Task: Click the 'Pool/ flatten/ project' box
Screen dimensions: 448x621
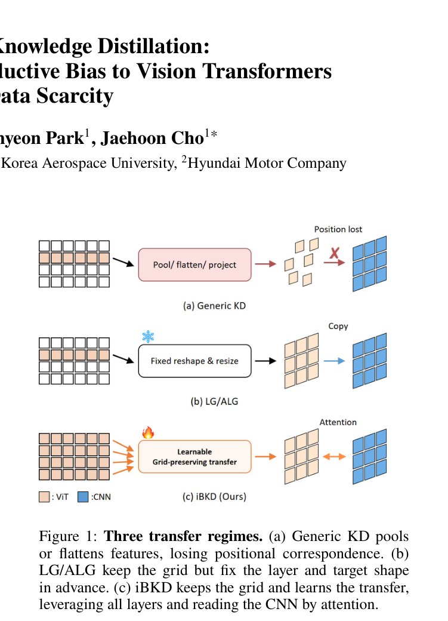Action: [194, 265]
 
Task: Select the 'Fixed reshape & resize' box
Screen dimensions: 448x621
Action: [194, 361]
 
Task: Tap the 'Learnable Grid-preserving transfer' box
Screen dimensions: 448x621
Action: [194, 457]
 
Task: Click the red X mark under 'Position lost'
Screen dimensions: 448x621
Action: [335, 253]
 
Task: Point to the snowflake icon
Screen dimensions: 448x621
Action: [148, 337]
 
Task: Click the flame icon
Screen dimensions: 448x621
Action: [148, 432]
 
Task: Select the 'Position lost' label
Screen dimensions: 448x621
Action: [338, 229]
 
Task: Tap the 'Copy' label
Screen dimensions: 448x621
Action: [338, 327]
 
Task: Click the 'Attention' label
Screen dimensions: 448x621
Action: [338, 422]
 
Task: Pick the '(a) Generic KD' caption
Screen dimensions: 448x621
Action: [214, 306]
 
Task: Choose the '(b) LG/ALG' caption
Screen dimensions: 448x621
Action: [214, 402]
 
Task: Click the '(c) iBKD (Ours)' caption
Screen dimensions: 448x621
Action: [214, 497]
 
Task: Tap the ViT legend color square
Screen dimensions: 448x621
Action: [44, 497]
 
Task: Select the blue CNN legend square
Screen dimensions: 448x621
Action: [83, 497]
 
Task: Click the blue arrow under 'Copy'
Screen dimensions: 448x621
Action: [334, 361]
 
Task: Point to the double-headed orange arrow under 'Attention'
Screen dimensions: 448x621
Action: [334, 457]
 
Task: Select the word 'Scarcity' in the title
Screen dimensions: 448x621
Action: [75, 96]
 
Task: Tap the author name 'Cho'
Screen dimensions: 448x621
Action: [187, 138]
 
